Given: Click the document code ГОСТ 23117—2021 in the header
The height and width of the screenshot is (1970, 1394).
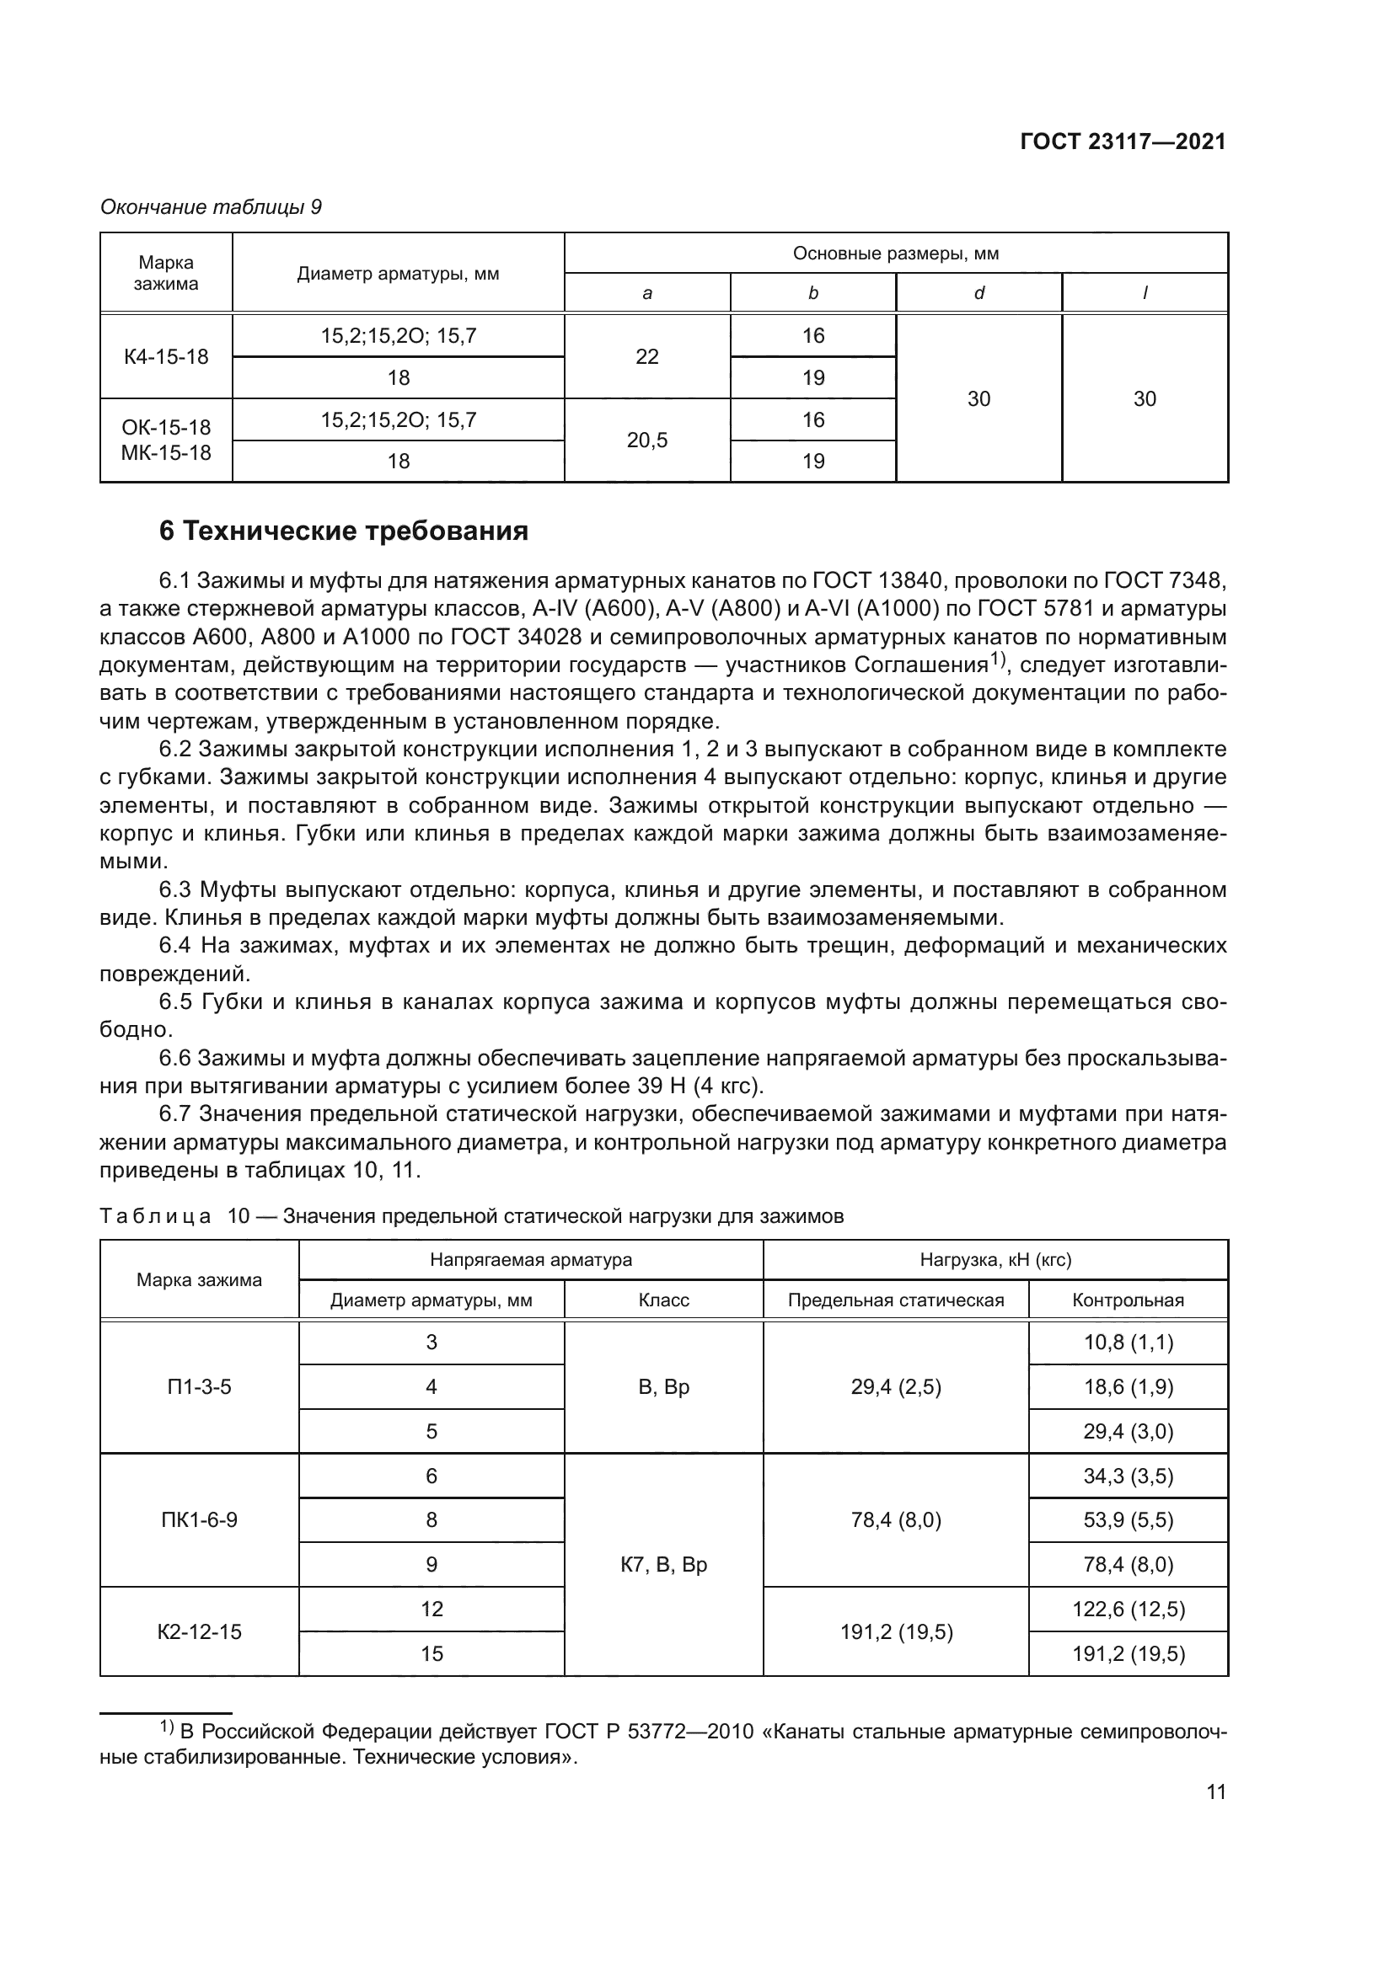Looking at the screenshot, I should (1123, 141).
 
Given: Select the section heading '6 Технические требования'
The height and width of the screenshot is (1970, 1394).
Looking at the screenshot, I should (343, 531).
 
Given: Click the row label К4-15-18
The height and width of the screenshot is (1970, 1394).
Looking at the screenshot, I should (166, 357).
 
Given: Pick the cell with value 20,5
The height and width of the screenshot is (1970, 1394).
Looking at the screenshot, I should (647, 440).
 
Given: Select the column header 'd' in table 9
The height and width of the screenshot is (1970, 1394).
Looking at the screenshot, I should (978, 293).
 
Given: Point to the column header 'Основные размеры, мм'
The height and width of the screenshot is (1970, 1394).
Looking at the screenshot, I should (895, 254).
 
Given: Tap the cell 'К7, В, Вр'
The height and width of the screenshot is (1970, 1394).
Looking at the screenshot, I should (663, 1565).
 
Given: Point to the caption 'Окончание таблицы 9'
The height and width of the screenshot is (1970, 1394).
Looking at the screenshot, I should (212, 208).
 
